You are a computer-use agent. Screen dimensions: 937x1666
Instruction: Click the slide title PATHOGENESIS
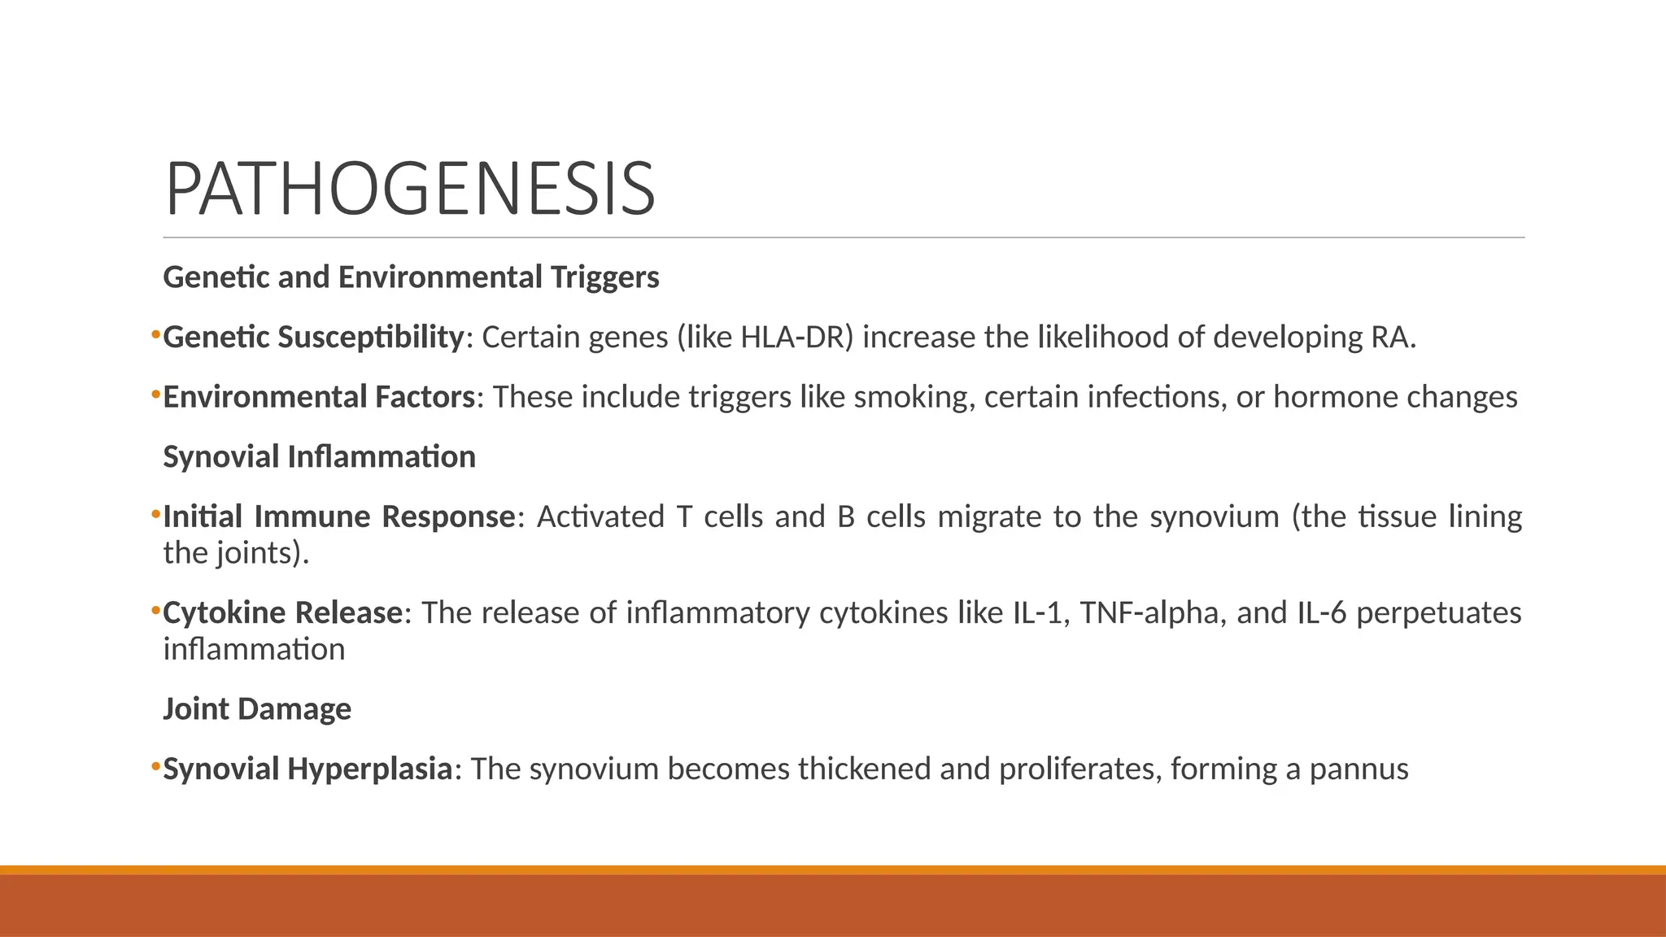(x=410, y=190)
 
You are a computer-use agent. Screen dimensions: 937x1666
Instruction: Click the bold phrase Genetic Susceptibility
(x=312, y=337)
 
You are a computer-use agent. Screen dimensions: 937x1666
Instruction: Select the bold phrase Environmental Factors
(x=319, y=397)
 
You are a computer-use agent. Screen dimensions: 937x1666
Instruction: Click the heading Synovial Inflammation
(x=319, y=456)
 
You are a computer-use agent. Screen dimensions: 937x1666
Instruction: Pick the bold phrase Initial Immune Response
(x=338, y=516)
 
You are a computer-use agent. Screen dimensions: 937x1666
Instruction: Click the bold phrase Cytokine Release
(x=282, y=612)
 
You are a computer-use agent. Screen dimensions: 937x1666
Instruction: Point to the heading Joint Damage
(x=257, y=708)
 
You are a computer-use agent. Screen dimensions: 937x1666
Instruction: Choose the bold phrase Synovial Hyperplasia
(x=307, y=769)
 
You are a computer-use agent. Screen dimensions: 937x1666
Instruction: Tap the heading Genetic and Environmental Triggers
(x=411, y=277)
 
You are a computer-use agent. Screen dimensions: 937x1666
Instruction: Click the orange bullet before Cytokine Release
(x=155, y=610)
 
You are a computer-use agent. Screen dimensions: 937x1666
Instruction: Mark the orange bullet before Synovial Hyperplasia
(x=155, y=766)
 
